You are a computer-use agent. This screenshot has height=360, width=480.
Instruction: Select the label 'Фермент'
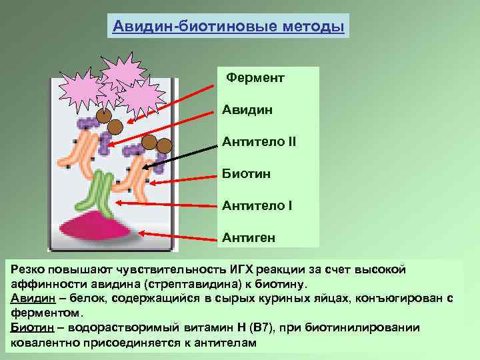[x=255, y=78]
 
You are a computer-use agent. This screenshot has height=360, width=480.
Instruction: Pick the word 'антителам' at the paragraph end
[x=223, y=342]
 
